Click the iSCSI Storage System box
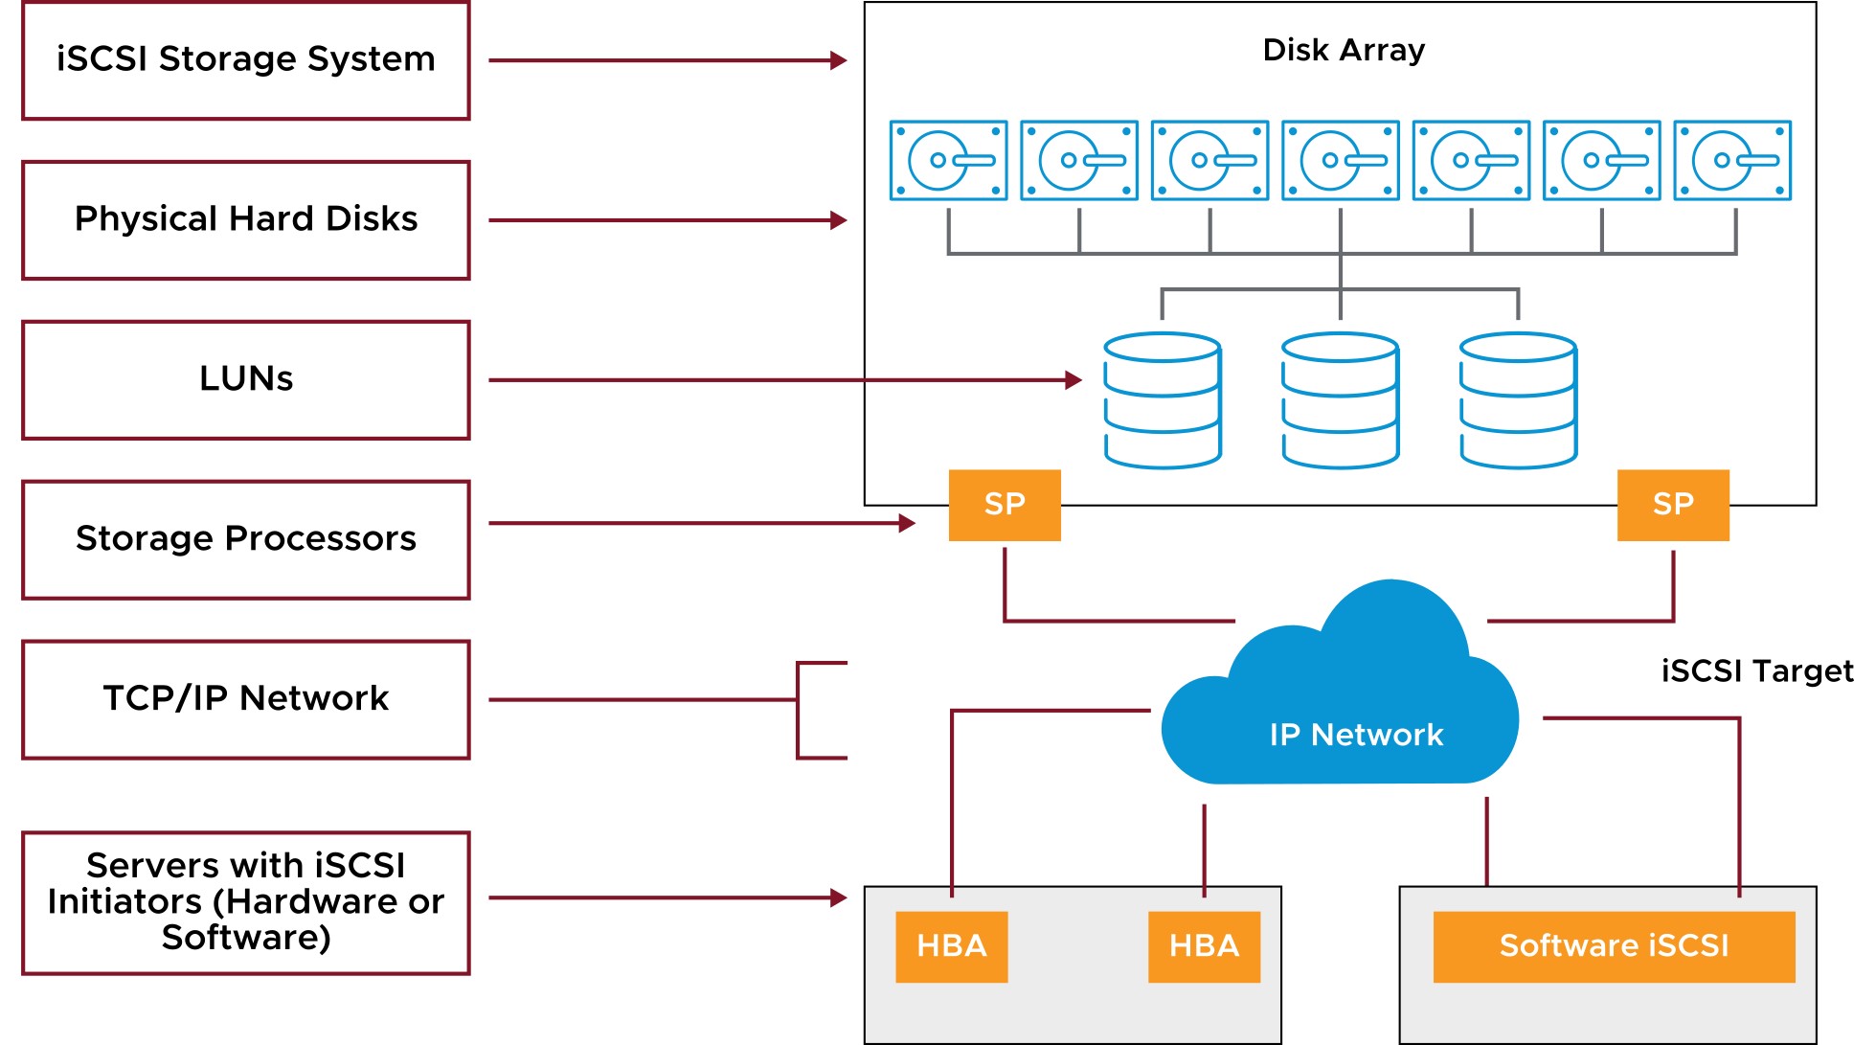[x=246, y=60]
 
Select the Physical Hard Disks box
[x=246, y=220]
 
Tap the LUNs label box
[x=246, y=380]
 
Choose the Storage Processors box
[x=246, y=540]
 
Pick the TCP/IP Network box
[x=246, y=700]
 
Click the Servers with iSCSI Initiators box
[x=246, y=903]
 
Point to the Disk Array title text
[x=1344, y=50]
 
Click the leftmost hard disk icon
[x=948, y=160]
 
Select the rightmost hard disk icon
[x=1732, y=160]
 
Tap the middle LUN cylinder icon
[x=1341, y=400]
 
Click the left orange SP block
[x=1005, y=505]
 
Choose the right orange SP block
[x=1673, y=505]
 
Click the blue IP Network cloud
[x=1341, y=699]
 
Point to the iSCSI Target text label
[x=1757, y=670]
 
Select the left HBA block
[x=952, y=946]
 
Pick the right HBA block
[x=1205, y=946]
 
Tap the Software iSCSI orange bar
[x=1615, y=946]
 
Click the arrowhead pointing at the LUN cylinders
[x=1074, y=380]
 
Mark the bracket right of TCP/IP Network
[x=799, y=710]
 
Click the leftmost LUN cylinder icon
[x=1163, y=400]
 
